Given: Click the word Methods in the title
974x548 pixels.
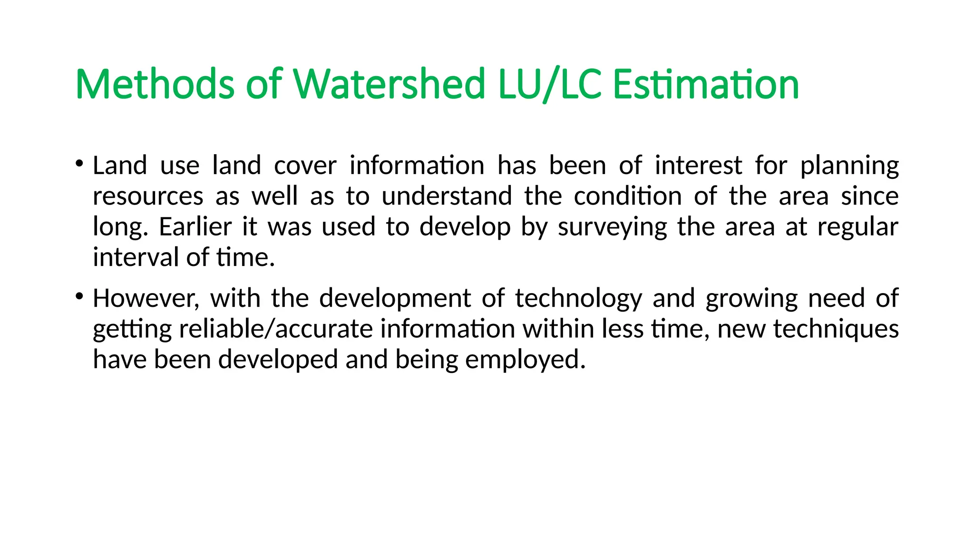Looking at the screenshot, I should pos(155,85).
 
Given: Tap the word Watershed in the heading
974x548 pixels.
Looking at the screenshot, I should pos(389,85).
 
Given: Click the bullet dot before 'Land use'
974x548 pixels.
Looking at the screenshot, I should pos(79,164).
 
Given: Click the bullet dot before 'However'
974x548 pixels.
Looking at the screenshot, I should pos(79,296).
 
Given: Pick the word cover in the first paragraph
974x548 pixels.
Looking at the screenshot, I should pos(305,166).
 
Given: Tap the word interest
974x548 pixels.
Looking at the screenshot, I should pos(698,166).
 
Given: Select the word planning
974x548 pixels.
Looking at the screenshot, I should pos(849,166).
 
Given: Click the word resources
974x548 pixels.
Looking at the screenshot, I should pos(148,196).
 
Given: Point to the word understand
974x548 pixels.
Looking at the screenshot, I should pos(447,196).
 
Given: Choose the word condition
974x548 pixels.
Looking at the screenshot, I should pos(628,196).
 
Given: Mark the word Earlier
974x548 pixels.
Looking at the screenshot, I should pos(195,226).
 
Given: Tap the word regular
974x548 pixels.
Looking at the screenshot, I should pos(857,227).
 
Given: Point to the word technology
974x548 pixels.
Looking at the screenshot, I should pos(578,299).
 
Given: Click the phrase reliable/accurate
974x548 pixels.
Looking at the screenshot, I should pos(276,329).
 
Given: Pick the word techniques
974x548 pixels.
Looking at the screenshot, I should pos(836,329).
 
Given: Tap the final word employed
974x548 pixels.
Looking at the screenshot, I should pos(525,360).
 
